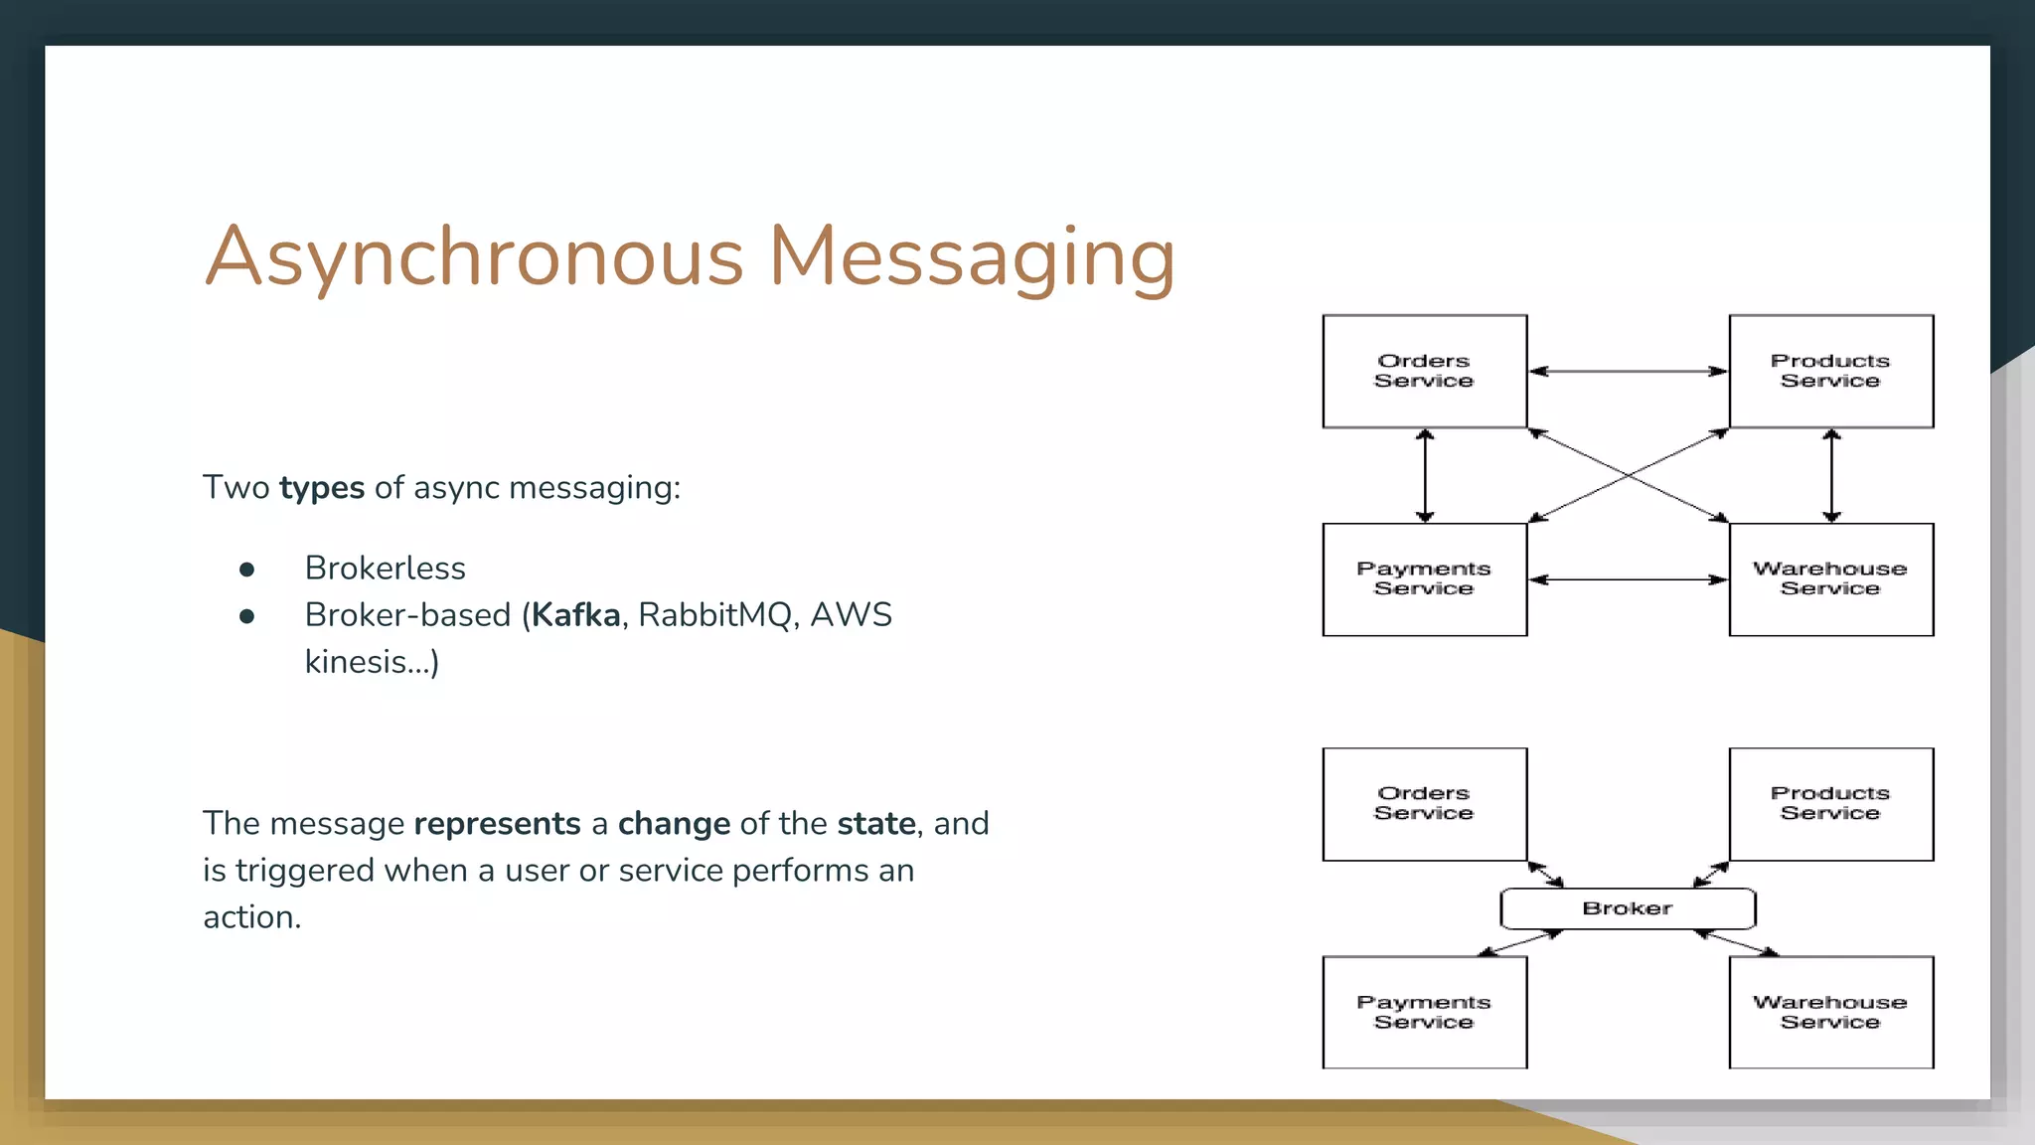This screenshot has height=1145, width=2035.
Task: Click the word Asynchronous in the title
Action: (x=474, y=256)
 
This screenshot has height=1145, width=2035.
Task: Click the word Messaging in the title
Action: (x=972, y=256)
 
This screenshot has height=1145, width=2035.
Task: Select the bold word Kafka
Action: (x=575, y=615)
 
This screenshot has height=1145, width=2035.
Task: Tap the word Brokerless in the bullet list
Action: (x=385, y=569)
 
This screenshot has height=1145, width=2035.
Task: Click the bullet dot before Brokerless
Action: (x=247, y=570)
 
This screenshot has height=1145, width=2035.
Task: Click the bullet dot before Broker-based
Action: (x=247, y=616)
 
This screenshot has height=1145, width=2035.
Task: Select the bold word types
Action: (x=322, y=488)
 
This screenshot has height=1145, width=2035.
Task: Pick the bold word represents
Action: (x=497, y=824)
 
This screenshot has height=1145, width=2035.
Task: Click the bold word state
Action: (x=875, y=824)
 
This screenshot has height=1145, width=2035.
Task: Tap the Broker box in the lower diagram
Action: (x=1628, y=908)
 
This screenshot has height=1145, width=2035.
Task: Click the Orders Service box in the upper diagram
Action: (x=1424, y=371)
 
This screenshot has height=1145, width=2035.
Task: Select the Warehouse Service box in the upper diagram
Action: (x=1830, y=578)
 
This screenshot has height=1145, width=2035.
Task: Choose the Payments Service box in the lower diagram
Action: (x=1424, y=1012)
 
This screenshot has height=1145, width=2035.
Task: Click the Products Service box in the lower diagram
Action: (x=1830, y=803)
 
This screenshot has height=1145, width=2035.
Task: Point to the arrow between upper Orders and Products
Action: (x=1628, y=371)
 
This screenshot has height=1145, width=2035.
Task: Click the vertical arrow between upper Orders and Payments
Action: (x=1425, y=475)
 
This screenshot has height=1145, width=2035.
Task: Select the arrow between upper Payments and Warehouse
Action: (x=1628, y=579)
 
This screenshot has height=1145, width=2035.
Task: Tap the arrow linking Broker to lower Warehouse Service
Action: (x=1736, y=942)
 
